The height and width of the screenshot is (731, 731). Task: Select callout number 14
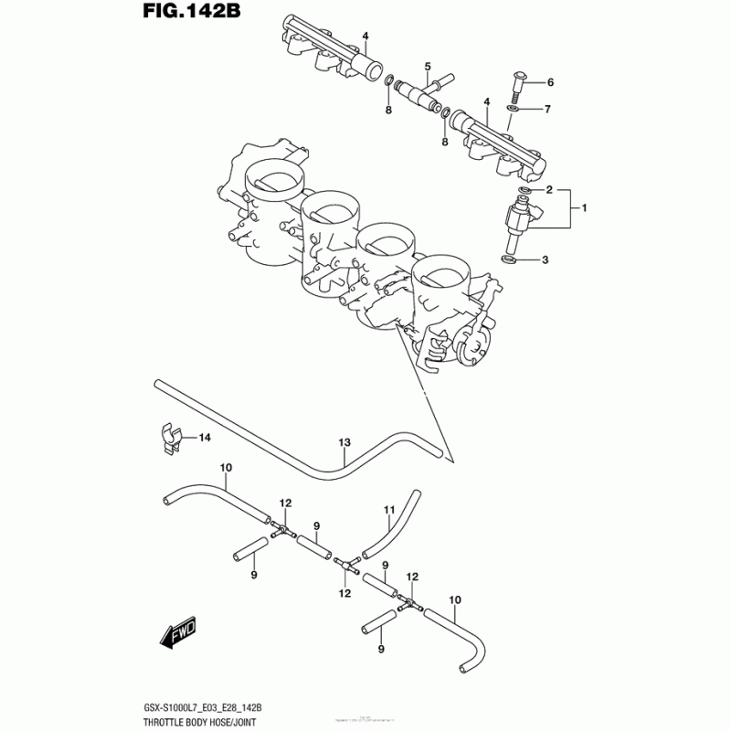click(205, 439)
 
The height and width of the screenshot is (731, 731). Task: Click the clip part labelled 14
click(169, 439)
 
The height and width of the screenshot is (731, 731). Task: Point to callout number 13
click(344, 443)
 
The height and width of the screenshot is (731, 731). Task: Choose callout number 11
click(387, 509)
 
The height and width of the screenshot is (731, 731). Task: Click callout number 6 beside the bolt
click(550, 84)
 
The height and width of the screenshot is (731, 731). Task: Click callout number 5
click(427, 67)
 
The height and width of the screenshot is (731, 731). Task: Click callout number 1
click(584, 209)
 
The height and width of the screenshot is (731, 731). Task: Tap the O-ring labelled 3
click(511, 260)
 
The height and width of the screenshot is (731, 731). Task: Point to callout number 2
click(550, 191)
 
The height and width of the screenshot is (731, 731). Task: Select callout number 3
click(545, 260)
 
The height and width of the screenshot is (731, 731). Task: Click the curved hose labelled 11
click(391, 528)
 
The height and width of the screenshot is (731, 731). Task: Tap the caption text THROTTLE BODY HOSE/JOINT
click(198, 720)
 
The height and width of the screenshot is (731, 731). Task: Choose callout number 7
click(547, 110)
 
